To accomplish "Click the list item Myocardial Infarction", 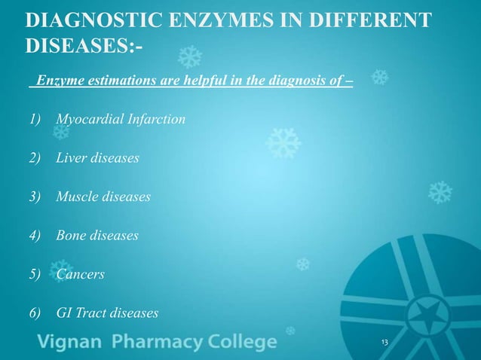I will [x=121, y=119].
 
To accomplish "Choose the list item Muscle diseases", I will [x=103, y=197].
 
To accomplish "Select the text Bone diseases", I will [x=97, y=235].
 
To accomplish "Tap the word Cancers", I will [x=80, y=274].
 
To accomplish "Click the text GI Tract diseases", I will [x=107, y=313].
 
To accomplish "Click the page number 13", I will [x=384, y=343].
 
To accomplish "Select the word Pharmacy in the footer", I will [x=155, y=343].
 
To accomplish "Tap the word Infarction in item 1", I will [x=156, y=119].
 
